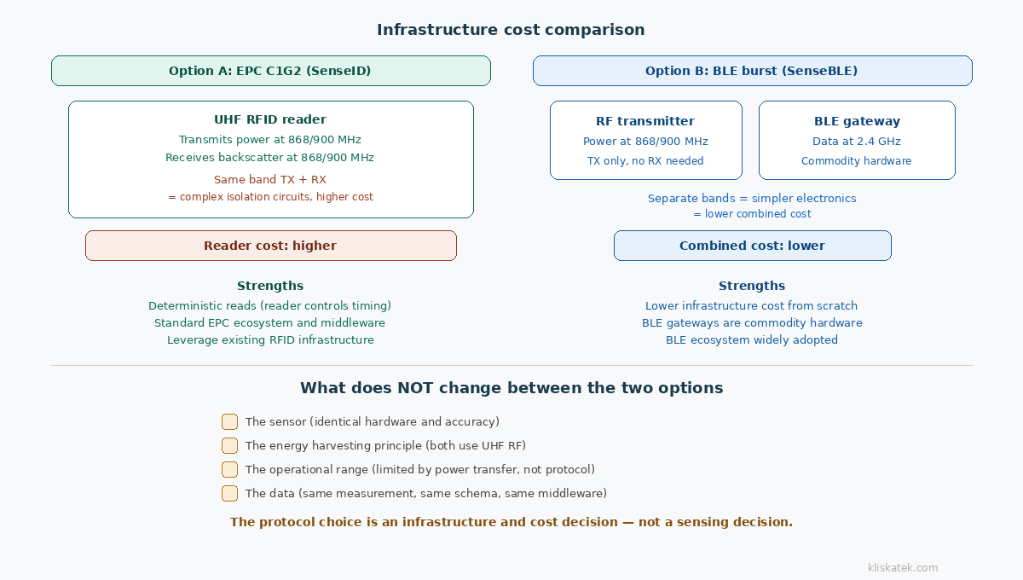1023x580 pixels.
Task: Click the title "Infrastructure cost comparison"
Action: [x=511, y=30]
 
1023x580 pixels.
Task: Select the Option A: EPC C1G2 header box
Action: [x=270, y=71]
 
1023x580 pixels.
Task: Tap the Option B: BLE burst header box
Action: [x=752, y=71]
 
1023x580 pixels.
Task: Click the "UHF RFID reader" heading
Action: [x=270, y=119]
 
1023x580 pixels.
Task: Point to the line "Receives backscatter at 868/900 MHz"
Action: [x=270, y=158]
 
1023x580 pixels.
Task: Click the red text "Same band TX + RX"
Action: [x=270, y=180]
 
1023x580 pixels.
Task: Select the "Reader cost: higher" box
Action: [x=270, y=246]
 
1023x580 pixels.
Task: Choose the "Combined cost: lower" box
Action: [x=752, y=246]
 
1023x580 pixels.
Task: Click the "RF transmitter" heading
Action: [x=645, y=121]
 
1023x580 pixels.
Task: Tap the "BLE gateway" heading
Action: [x=857, y=121]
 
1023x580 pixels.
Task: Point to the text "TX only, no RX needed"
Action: [x=645, y=161]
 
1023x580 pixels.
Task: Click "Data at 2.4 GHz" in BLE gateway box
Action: [x=857, y=142]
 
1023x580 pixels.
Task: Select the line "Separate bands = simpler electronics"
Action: [x=752, y=199]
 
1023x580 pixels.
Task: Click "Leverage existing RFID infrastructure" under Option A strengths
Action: [x=270, y=340]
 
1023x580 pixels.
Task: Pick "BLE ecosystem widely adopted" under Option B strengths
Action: [x=752, y=340]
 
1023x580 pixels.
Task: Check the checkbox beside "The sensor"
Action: [x=229, y=421]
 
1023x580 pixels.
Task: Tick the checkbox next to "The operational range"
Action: [x=229, y=469]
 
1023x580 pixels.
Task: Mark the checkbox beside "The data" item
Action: [x=229, y=493]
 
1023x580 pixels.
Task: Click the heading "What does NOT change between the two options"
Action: [x=511, y=388]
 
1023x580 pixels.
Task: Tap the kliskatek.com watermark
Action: [x=903, y=568]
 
